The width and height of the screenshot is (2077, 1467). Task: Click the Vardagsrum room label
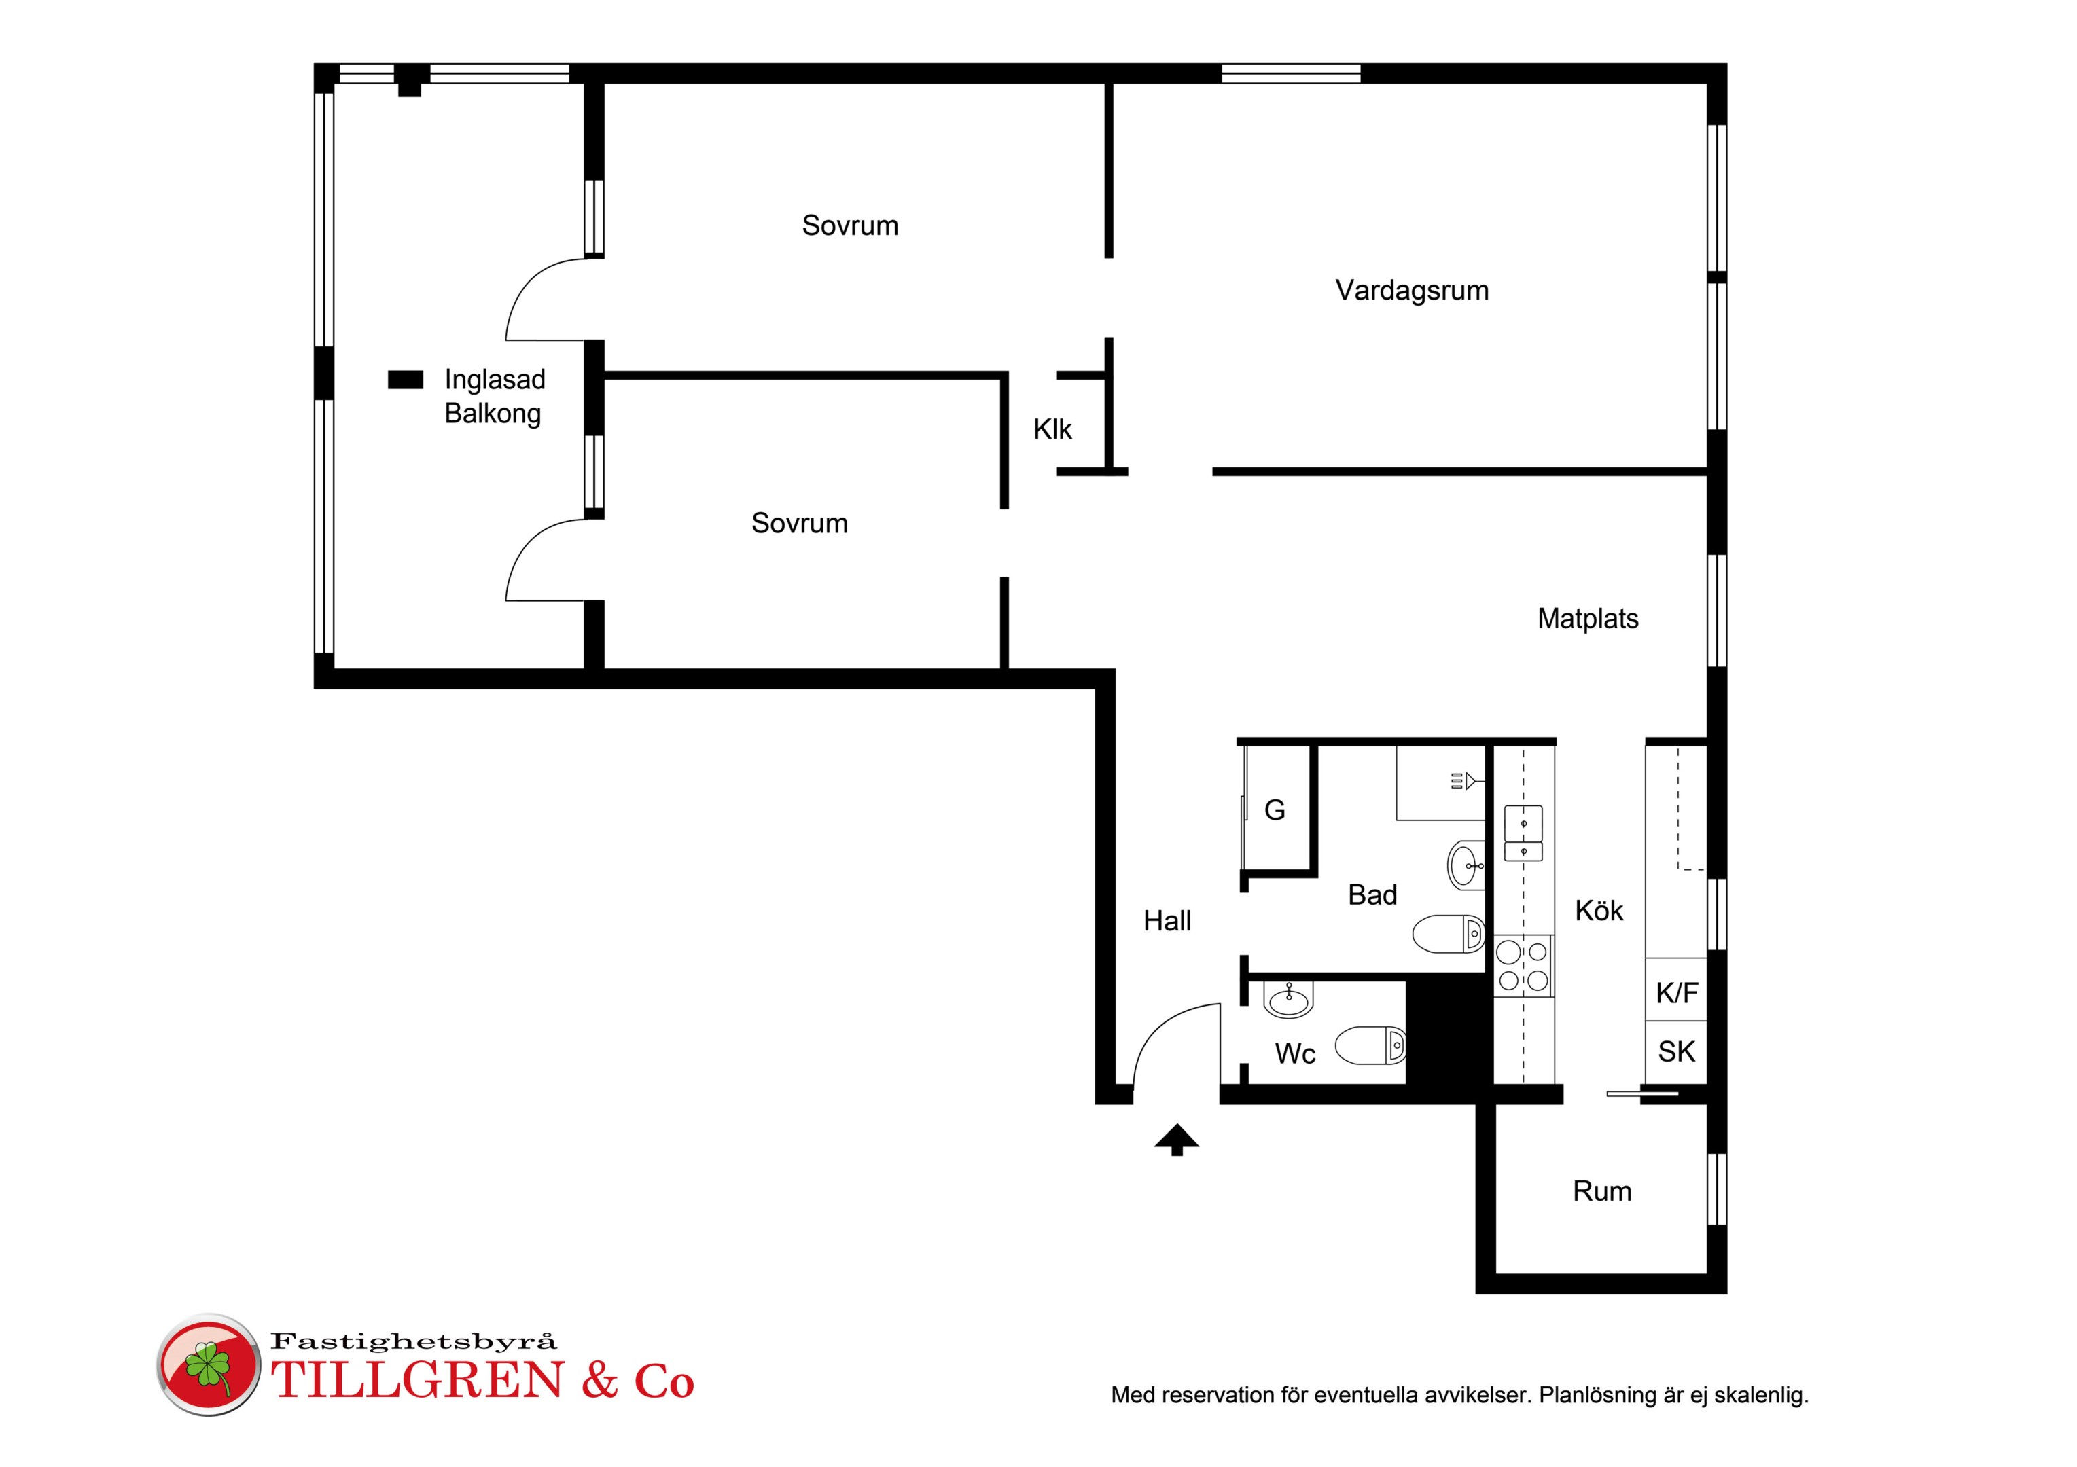[x=1411, y=290]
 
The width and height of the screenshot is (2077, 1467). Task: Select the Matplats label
[x=1588, y=619]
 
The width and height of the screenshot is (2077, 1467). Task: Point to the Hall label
[x=1167, y=921]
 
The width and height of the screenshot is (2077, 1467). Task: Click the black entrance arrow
[x=1176, y=1139]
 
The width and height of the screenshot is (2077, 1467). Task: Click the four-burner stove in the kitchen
[x=1523, y=966]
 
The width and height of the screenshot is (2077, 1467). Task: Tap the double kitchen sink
[x=1523, y=833]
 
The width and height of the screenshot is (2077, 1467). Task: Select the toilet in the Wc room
[x=1371, y=1045]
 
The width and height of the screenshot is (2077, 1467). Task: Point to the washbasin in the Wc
[x=1288, y=1000]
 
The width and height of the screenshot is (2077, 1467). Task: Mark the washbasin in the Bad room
[x=1466, y=865]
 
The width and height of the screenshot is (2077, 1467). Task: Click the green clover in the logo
[x=208, y=1366]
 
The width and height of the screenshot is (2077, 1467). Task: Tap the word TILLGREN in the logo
[x=418, y=1381]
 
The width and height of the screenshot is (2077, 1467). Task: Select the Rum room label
[x=1602, y=1191]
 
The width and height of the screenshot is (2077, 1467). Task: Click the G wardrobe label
[x=1275, y=810]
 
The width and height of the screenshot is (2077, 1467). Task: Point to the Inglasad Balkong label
[x=494, y=396]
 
